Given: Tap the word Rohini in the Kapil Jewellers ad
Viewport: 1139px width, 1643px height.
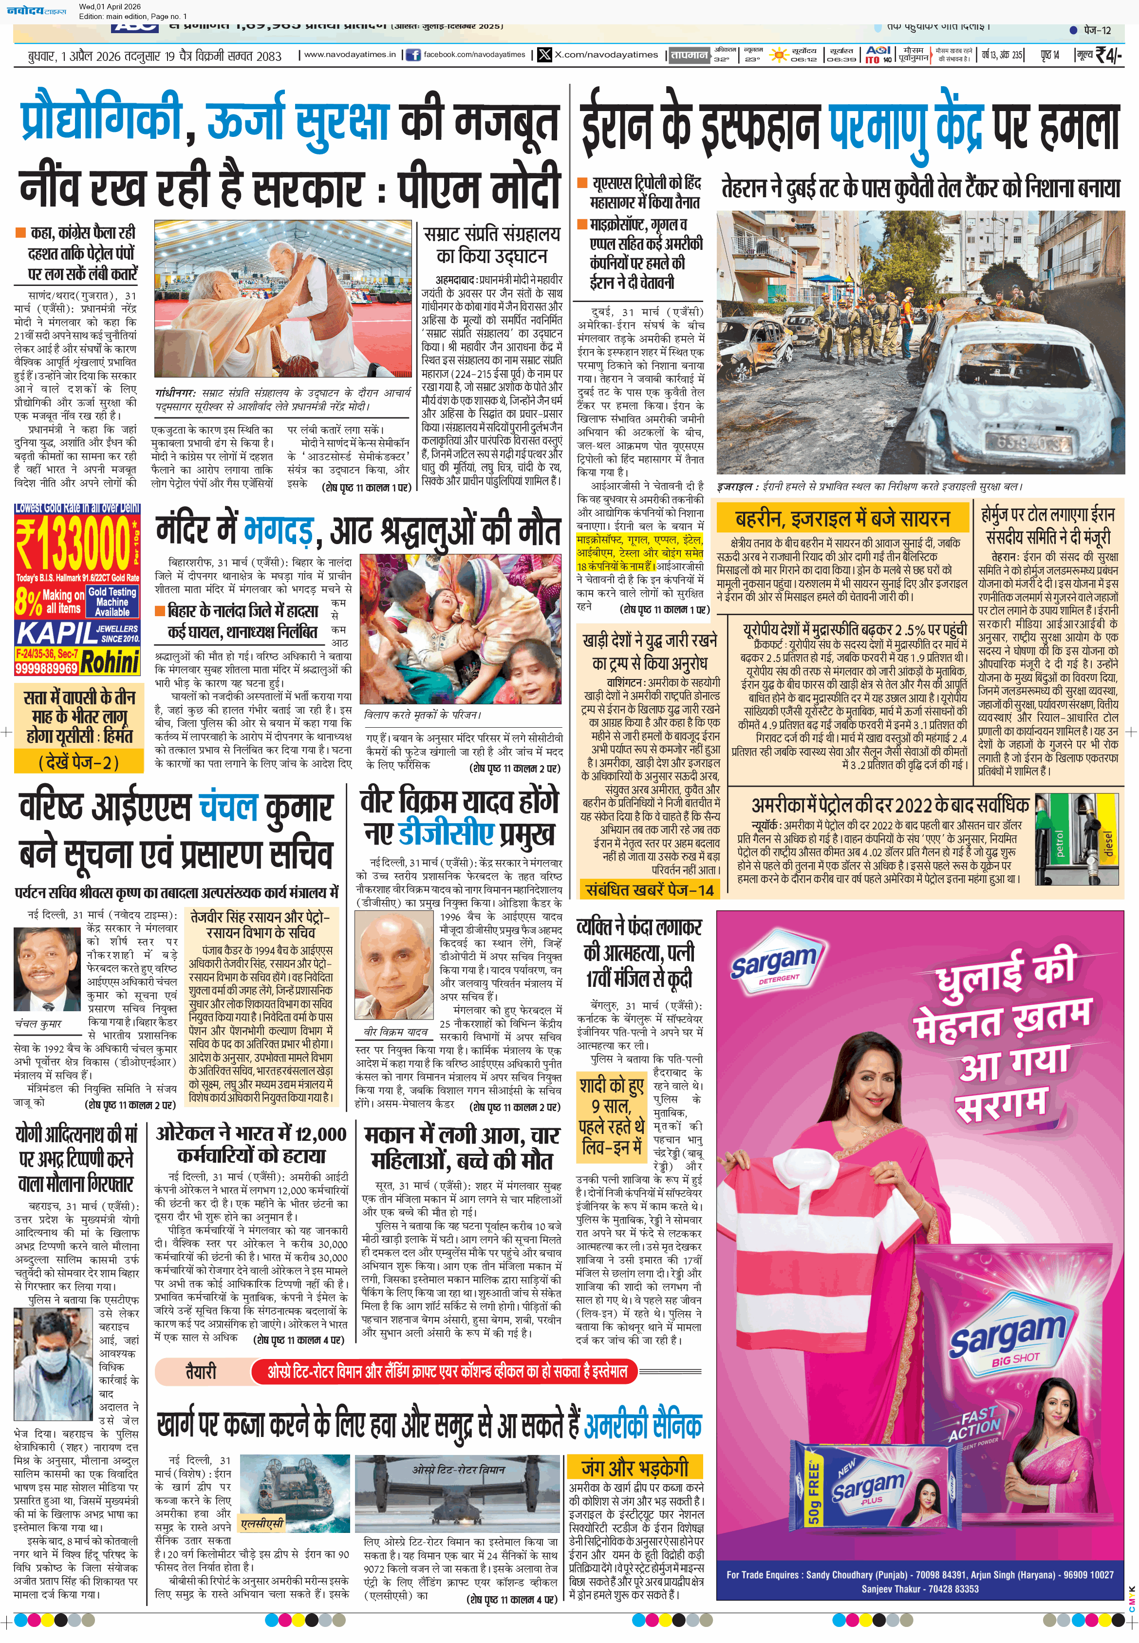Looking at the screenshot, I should pos(109,662).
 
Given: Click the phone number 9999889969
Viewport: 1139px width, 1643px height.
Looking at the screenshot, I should pos(46,668).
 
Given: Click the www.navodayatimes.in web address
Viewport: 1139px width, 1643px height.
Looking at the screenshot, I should pos(350,54).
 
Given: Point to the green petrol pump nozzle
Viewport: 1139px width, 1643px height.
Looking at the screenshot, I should pos(1060,842).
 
